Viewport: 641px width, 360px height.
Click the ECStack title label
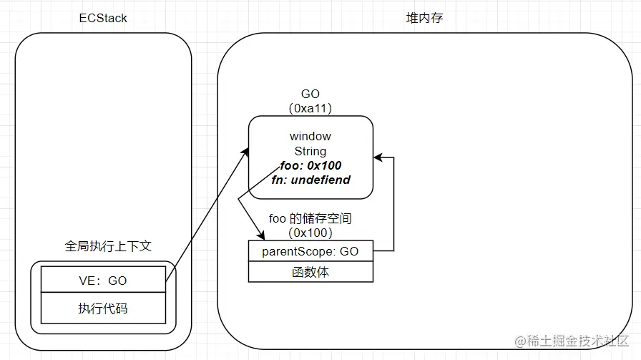pos(103,17)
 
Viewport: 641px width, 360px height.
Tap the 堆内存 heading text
pos(424,17)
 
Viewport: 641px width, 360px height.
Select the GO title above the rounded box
pos(310,94)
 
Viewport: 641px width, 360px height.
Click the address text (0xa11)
pos(310,108)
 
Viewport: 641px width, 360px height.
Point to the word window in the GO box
pos(310,136)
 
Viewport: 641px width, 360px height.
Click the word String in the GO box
pos(310,151)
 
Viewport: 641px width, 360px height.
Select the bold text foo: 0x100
pos(310,165)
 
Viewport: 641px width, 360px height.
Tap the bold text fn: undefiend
pos(310,180)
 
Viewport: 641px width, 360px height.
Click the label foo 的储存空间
pos(310,218)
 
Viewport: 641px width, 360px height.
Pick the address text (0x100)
pos(310,232)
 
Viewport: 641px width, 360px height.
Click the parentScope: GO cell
pos(310,251)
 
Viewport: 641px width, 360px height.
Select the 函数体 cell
pos(310,272)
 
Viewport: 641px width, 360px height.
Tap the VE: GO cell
pos(103,281)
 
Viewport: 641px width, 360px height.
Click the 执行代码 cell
pos(103,308)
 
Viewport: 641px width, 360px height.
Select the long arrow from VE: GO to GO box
pos(207,215)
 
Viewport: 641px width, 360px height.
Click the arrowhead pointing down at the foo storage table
pos(262,235)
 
